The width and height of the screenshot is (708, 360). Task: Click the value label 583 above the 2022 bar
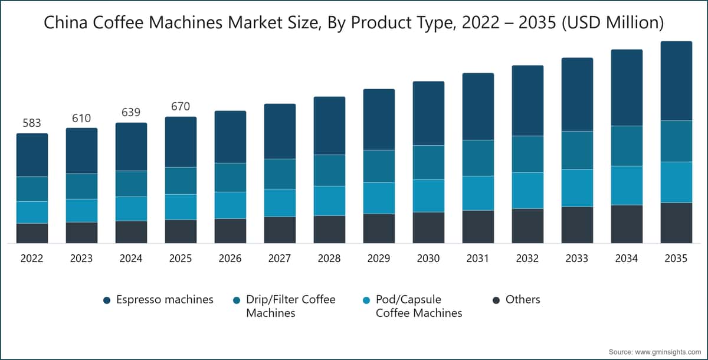click(32, 123)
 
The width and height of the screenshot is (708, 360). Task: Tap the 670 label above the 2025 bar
click(181, 107)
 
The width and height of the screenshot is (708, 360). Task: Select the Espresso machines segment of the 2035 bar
click(676, 81)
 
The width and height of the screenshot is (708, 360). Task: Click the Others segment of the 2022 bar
click(32, 233)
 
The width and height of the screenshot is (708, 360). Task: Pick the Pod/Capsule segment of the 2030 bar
click(428, 195)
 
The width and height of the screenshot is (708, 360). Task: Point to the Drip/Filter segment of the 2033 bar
click(577, 150)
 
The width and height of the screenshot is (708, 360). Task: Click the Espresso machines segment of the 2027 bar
click(280, 131)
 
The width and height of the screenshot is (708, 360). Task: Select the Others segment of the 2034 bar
click(627, 224)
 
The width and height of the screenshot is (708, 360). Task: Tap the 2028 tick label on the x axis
click(329, 258)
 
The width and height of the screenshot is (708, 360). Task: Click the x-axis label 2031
click(478, 258)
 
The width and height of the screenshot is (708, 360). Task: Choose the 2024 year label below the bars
click(131, 258)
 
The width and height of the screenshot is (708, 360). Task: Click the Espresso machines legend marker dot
click(107, 300)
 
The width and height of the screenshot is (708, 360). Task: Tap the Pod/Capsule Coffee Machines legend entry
click(419, 306)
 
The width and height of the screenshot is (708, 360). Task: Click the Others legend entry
click(523, 300)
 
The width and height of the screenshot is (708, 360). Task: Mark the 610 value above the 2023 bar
click(81, 118)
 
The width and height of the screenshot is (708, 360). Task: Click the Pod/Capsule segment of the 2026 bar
click(230, 205)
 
